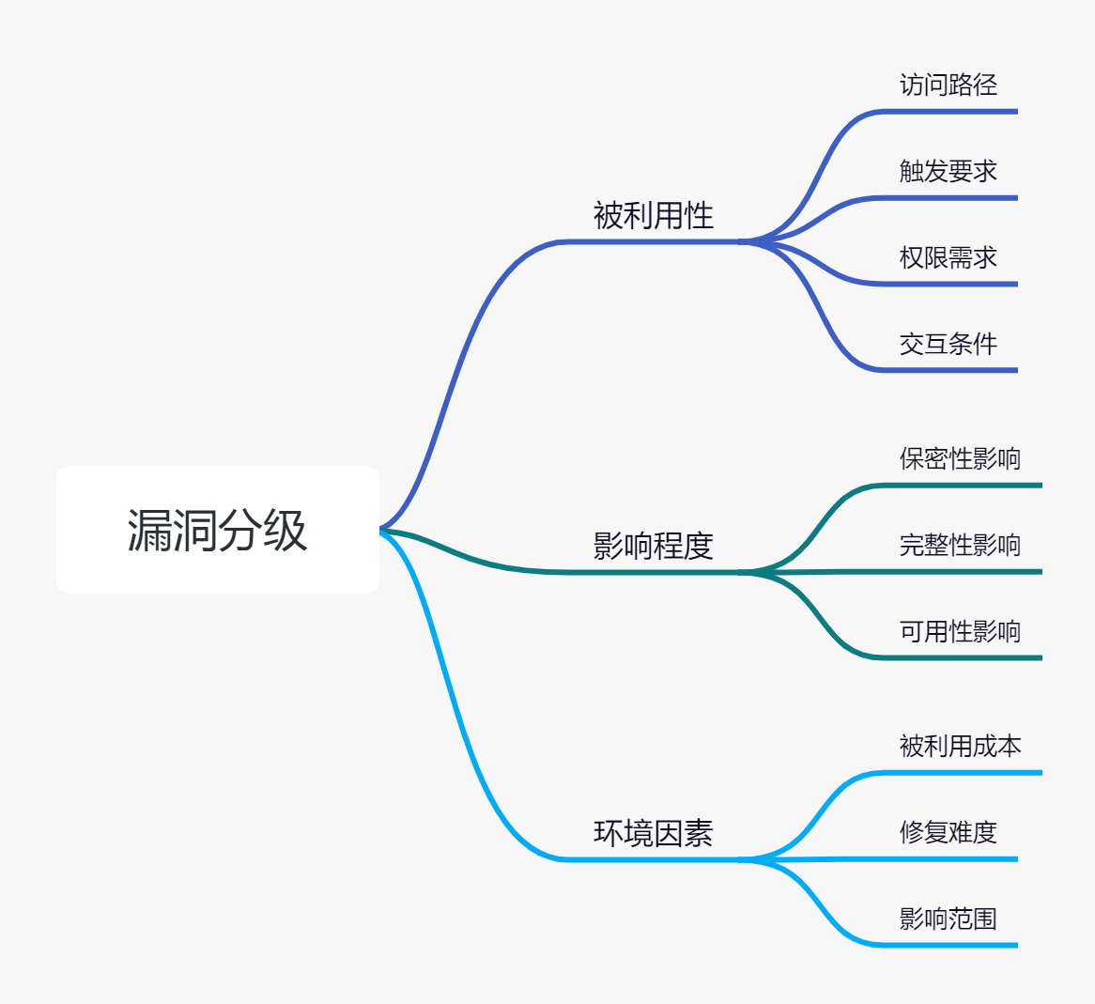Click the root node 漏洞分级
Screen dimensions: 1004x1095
pyautogui.click(x=217, y=530)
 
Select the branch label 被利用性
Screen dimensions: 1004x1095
pyautogui.click(x=653, y=216)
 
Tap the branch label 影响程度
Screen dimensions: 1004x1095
pyautogui.click(x=653, y=546)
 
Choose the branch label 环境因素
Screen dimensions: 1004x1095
pyautogui.click(x=653, y=833)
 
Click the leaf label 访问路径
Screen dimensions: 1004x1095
pyautogui.click(x=948, y=85)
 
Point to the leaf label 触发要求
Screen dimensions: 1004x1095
pyautogui.click(x=948, y=172)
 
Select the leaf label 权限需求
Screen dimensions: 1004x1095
pyautogui.click(x=948, y=258)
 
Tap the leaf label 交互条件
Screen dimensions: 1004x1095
pyautogui.click(x=948, y=345)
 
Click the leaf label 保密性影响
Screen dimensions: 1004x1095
pyautogui.click(x=960, y=459)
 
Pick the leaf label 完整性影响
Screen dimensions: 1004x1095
pyautogui.click(x=960, y=546)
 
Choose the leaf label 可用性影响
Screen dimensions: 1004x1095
pyautogui.click(x=960, y=632)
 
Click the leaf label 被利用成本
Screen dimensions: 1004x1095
pyautogui.click(x=960, y=747)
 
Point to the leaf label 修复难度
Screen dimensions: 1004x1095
pyautogui.click(x=948, y=833)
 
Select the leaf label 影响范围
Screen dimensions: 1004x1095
pyautogui.click(x=948, y=919)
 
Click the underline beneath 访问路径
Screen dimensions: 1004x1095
pyautogui.click(x=948, y=112)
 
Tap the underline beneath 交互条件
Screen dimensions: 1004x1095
pyautogui.click(x=948, y=370)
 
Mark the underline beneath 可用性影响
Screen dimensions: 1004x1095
pyautogui.click(x=960, y=657)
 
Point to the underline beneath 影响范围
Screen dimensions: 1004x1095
pyautogui.click(x=948, y=945)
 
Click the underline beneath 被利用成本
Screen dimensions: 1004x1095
pyautogui.click(x=960, y=773)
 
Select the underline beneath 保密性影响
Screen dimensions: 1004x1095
pyautogui.click(x=960, y=486)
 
